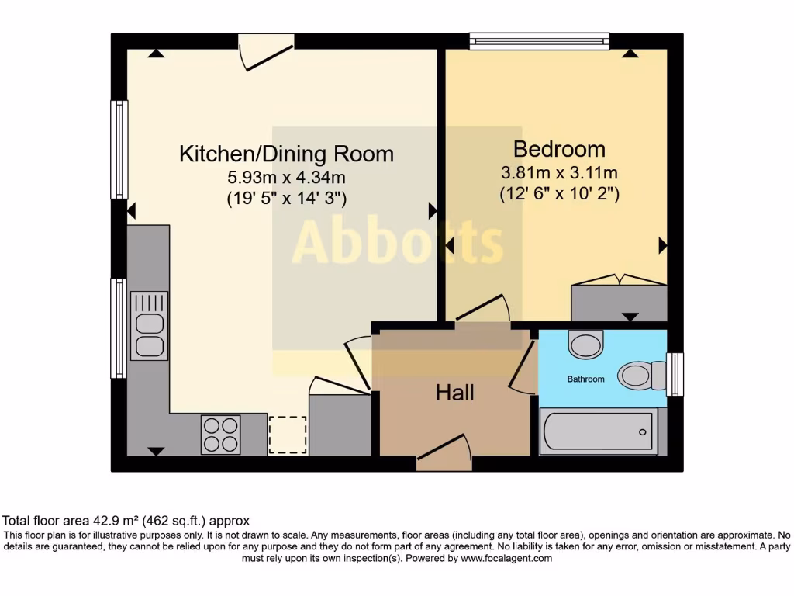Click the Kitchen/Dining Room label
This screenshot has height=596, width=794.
[286, 153]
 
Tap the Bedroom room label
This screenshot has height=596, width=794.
[558, 148]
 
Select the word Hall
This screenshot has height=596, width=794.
[454, 393]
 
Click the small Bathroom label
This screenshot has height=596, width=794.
[585, 379]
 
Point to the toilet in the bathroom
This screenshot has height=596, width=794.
[640, 376]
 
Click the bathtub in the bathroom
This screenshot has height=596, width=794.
[598, 431]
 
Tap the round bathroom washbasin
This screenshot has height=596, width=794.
[585, 344]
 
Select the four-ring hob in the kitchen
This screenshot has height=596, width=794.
[220, 435]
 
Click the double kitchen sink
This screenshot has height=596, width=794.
[150, 325]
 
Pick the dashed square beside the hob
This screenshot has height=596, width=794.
[287, 435]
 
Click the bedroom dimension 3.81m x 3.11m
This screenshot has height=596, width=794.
[558, 173]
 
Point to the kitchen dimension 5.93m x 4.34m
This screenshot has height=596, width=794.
[286, 178]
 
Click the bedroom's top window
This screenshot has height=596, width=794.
[539, 40]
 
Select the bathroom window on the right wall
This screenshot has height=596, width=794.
[676, 373]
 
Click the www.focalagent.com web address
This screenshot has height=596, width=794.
[506, 558]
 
